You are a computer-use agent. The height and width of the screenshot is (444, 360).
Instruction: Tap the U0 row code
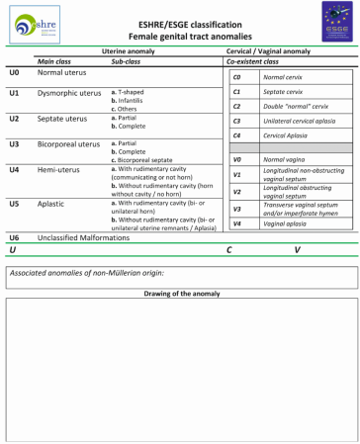click(x=14, y=73)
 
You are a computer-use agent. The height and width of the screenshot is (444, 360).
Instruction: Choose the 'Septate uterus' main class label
click(x=61, y=118)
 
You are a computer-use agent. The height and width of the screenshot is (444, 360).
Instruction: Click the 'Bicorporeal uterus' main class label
click(x=69, y=143)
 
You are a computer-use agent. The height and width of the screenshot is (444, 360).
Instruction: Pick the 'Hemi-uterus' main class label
click(x=58, y=169)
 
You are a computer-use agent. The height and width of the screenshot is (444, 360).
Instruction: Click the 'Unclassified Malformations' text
click(x=84, y=237)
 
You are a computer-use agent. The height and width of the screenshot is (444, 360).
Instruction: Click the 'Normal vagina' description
click(x=285, y=158)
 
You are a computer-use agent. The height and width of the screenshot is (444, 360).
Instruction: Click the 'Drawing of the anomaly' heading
click(x=179, y=294)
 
